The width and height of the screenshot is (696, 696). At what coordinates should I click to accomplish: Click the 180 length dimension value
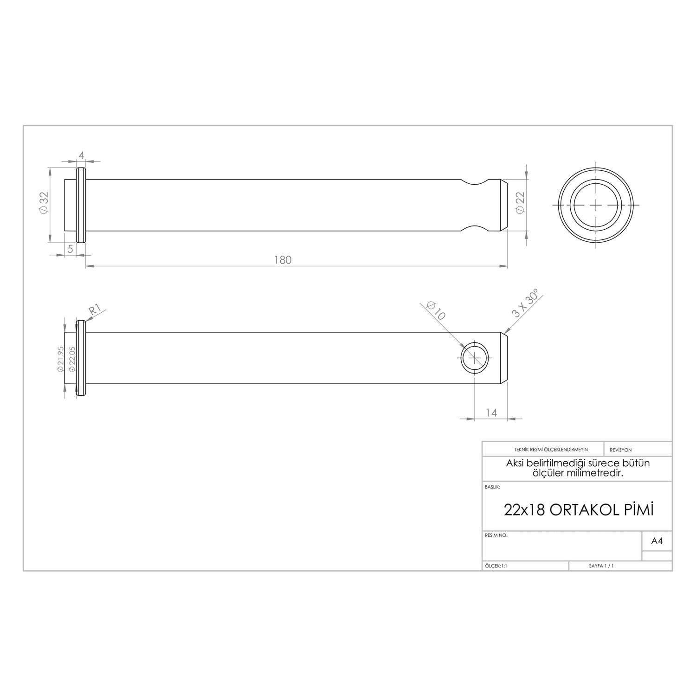tap(283, 260)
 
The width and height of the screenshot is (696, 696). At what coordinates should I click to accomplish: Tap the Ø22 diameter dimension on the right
tap(520, 203)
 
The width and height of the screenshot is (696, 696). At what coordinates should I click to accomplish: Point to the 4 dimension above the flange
tap(81, 155)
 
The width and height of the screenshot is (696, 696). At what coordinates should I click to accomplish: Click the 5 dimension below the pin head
tap(70, 249)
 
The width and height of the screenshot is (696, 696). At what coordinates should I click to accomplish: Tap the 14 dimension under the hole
tap(491, 412)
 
